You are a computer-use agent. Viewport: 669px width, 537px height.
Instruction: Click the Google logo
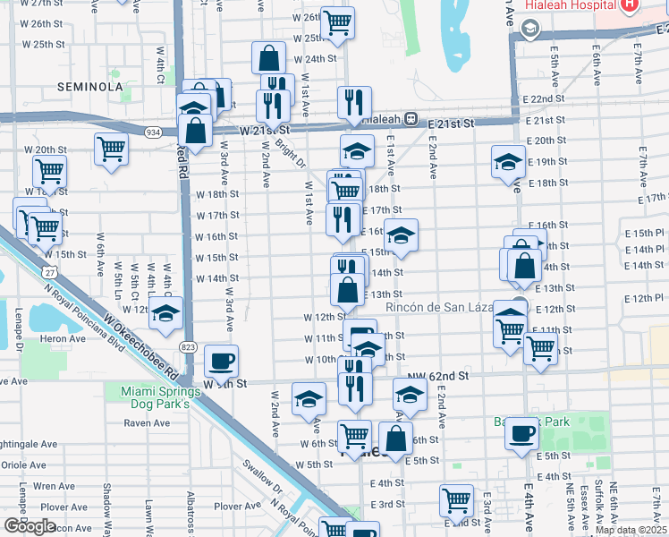(30, 526)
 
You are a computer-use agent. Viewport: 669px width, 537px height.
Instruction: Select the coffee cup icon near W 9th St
(221, 361)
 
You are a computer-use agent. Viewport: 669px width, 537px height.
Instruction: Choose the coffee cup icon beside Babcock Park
(521, 433)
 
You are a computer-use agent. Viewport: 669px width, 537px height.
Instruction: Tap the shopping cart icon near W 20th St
(111, 148)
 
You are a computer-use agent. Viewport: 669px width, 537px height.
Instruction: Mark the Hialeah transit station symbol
(411, 118)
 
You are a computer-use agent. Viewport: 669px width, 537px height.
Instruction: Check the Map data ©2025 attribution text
(631, 530)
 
